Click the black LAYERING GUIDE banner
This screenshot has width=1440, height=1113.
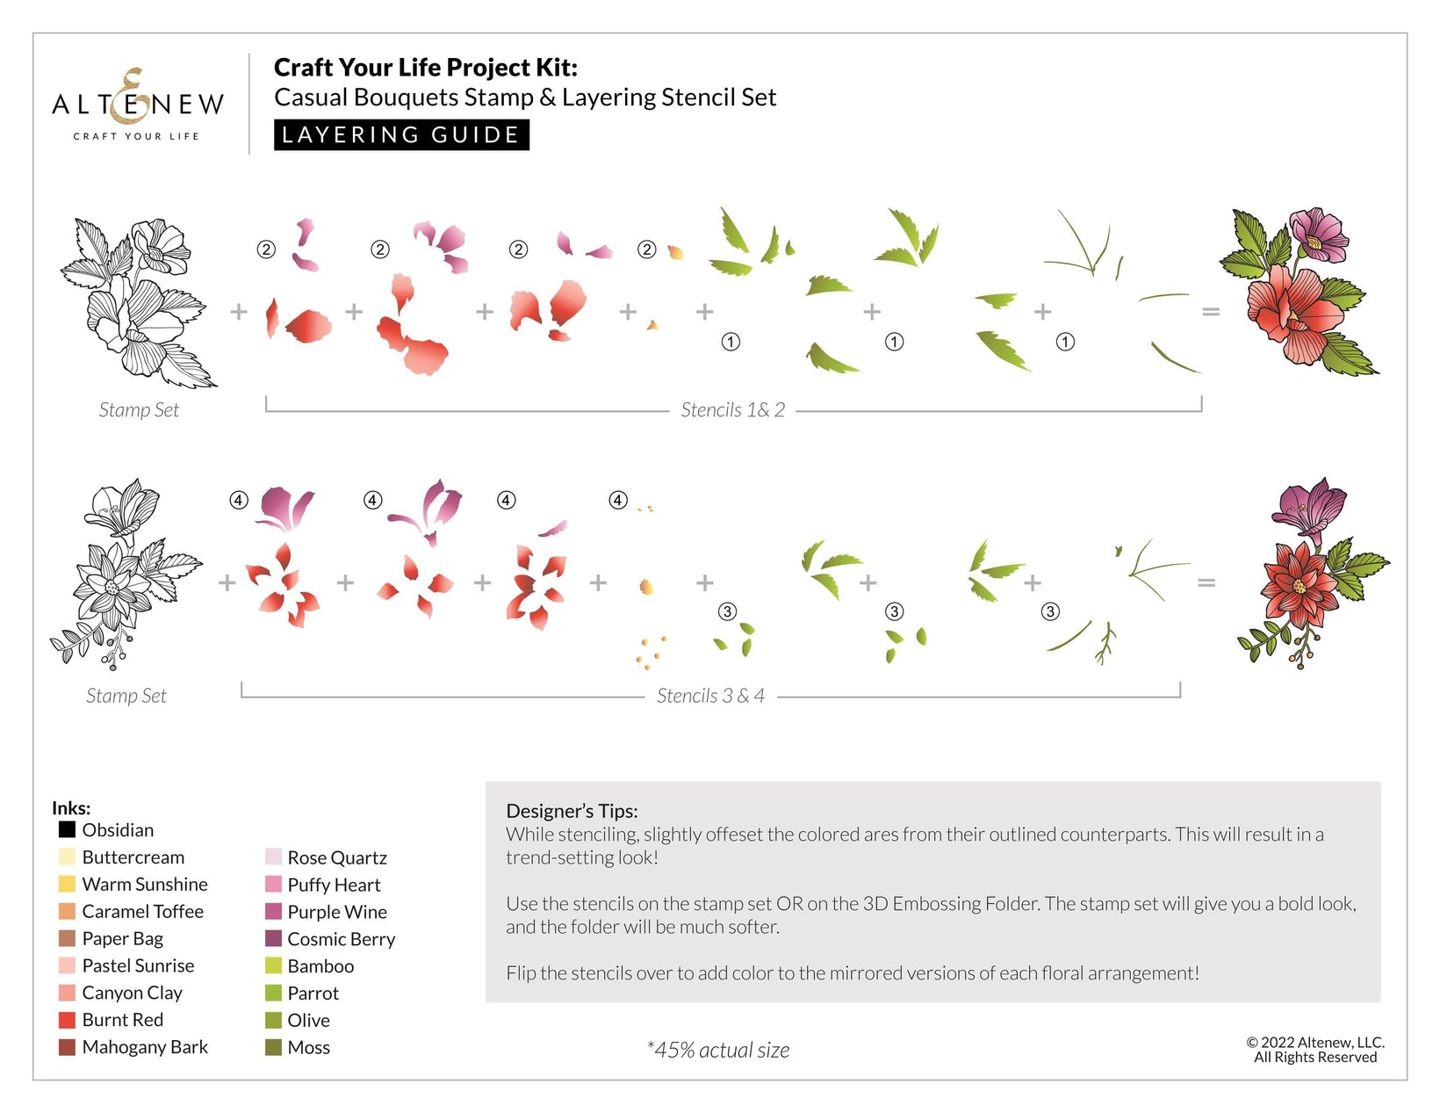(401, 135)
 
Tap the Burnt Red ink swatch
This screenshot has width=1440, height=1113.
(67, 1020)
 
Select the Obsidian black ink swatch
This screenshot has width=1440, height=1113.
(67, 829)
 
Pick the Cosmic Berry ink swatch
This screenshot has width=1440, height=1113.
(273, 939)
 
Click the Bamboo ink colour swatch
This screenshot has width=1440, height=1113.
(273, 966)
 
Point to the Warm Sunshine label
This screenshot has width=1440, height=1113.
(145, 885)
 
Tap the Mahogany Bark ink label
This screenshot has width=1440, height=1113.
(145, 1047)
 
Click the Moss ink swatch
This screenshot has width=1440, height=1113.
(273, 1047)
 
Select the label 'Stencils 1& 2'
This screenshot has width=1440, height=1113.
(732, 410)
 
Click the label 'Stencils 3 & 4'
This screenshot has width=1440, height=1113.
(710, 696)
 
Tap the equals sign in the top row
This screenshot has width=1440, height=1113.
(1211, 312)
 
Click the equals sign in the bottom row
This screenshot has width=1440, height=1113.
(1206, 582)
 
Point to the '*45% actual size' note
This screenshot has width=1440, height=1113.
(718, 1050)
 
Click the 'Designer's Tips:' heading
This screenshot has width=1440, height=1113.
(572, 811)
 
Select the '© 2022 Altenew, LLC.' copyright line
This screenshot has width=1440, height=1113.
(1315, 1043)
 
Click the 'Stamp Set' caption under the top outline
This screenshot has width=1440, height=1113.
(139, 410)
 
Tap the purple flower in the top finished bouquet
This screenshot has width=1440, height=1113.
(1317, 235)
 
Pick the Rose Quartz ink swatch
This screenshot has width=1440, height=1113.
(273, 857)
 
